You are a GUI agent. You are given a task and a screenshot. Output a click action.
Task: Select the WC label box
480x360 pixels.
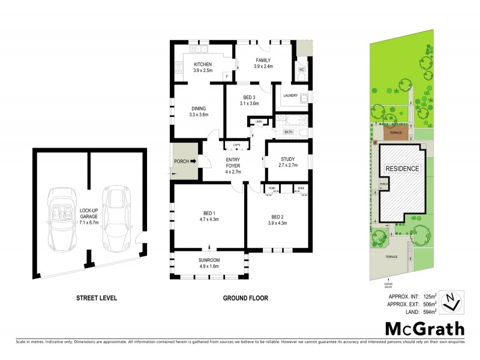[x=302, y=70]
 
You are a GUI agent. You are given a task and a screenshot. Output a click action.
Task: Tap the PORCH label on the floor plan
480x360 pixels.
[x=181, y=161]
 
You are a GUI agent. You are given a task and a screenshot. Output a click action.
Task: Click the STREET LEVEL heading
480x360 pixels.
[x=96, y=298]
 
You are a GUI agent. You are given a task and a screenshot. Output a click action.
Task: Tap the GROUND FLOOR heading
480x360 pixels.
[x=245, y=298]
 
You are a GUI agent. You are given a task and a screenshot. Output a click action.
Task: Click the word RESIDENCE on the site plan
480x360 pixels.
[x=402, y=169]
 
